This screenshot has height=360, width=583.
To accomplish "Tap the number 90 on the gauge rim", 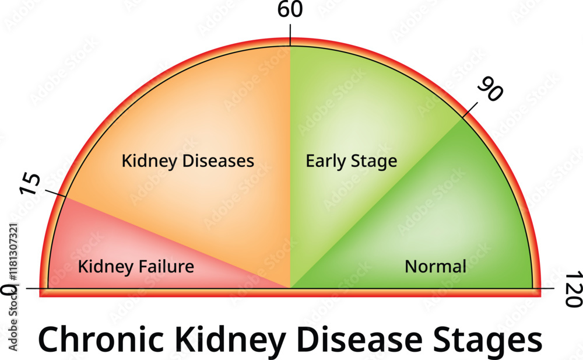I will [490, 90].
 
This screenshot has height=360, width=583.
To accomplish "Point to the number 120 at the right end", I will [574, 289].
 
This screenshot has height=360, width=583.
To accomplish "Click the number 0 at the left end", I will [7, 290].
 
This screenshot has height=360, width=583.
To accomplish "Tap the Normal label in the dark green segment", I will [436, 267].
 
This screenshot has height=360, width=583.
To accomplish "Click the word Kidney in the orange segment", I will [143, 160].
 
